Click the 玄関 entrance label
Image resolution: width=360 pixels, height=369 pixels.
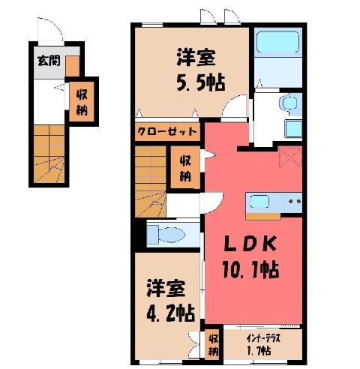click(49, 61)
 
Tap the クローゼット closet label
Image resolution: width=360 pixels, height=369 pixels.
click(167, 131)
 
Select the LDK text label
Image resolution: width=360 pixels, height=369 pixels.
click(250, 243)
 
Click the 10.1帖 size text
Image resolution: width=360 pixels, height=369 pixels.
click(250, 269)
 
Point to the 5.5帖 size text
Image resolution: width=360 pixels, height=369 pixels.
click(201, 82)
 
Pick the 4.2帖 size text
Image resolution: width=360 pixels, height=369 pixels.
click(170, 313)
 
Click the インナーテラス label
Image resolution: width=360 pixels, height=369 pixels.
click(263, 339)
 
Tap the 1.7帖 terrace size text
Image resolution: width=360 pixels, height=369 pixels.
click(259, 351)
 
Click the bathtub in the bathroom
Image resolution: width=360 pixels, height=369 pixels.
click(277, 42)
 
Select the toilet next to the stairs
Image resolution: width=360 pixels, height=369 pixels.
click(166, 235)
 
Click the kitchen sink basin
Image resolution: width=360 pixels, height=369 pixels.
click(259, 202)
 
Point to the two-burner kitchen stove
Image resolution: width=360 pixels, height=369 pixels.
click(294, 201)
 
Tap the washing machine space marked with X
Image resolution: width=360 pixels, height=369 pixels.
click(290, 157)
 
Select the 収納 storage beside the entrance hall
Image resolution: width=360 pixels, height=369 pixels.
click(82, 102)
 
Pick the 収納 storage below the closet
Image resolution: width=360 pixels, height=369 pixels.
click(185, 167)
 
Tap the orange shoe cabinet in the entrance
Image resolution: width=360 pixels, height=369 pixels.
click(72, 66)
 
